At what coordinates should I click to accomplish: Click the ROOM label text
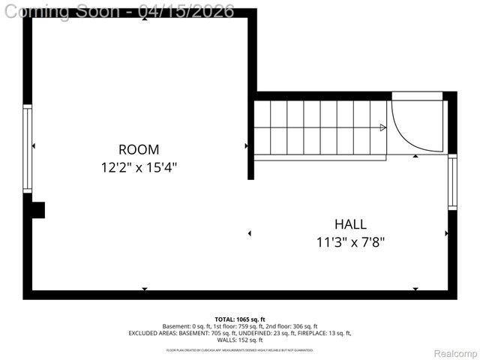(x=139, y=149)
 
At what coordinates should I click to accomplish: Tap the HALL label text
(x=350, y=224)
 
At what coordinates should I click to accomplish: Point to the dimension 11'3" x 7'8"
(x=350, y=241)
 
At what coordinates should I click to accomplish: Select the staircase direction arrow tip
(x=383, y=127)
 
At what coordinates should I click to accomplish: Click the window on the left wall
(x=28, y=148)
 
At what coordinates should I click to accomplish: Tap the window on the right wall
(x=451, y=181)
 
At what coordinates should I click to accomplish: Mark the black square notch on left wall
(x=37, y=210)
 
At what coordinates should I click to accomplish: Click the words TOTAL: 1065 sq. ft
(x=239, y=319)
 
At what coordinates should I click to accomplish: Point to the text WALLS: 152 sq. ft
(x=239, y=340)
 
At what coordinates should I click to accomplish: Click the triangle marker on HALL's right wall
(x=447, y=234)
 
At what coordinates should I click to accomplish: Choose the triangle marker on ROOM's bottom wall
(x=144, y=289)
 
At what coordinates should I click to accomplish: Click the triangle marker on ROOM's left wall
(x=33, y=145)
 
